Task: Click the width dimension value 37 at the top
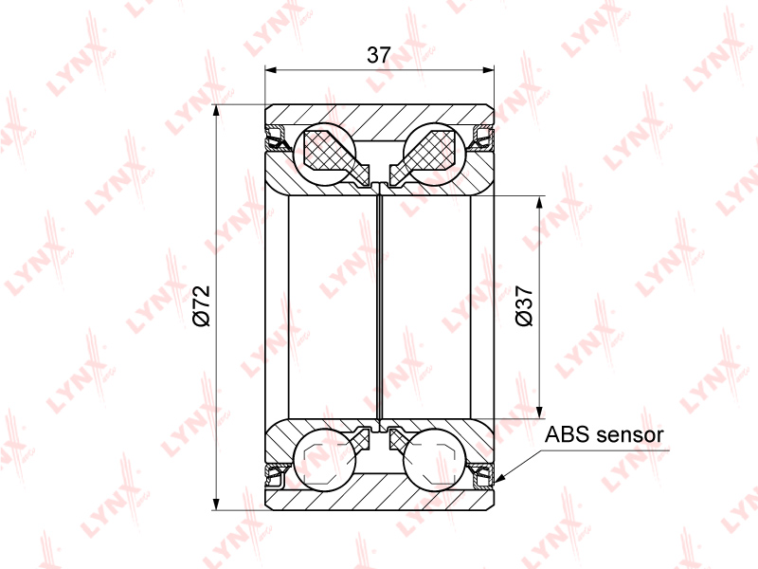378,55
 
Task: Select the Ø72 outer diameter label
202,305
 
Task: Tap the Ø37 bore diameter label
525,305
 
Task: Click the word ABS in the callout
567,434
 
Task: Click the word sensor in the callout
630,435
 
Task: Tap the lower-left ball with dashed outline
325,460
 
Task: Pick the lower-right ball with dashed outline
434,460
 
